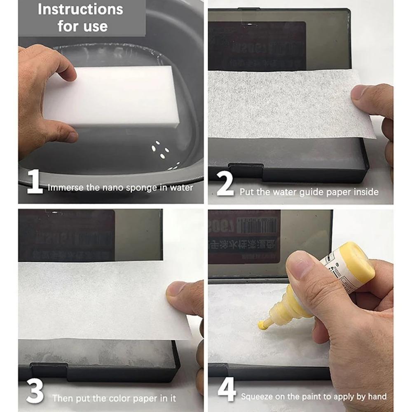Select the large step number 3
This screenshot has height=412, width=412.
coord(35,392)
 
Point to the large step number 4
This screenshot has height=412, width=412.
coord(227,390)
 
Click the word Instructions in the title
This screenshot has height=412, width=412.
coord(80,9)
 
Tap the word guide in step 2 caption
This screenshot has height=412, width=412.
coord(310,192)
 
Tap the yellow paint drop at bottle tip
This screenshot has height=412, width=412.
coord(262,325)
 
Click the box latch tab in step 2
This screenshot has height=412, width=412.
coord(246,170)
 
